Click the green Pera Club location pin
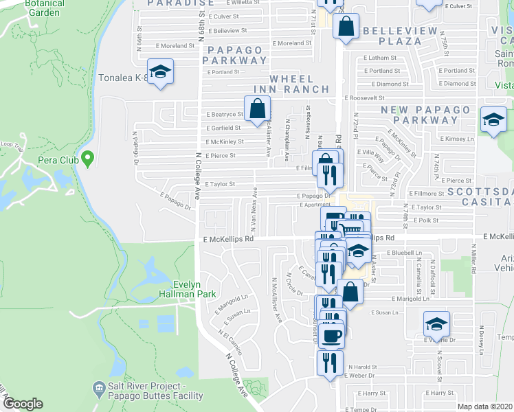87,159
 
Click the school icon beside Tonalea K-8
160,73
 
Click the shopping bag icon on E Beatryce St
257,109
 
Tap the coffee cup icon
333,336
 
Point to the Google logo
23,404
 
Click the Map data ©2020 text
484,407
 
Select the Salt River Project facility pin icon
99,390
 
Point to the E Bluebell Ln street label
403,253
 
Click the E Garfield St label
223,128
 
